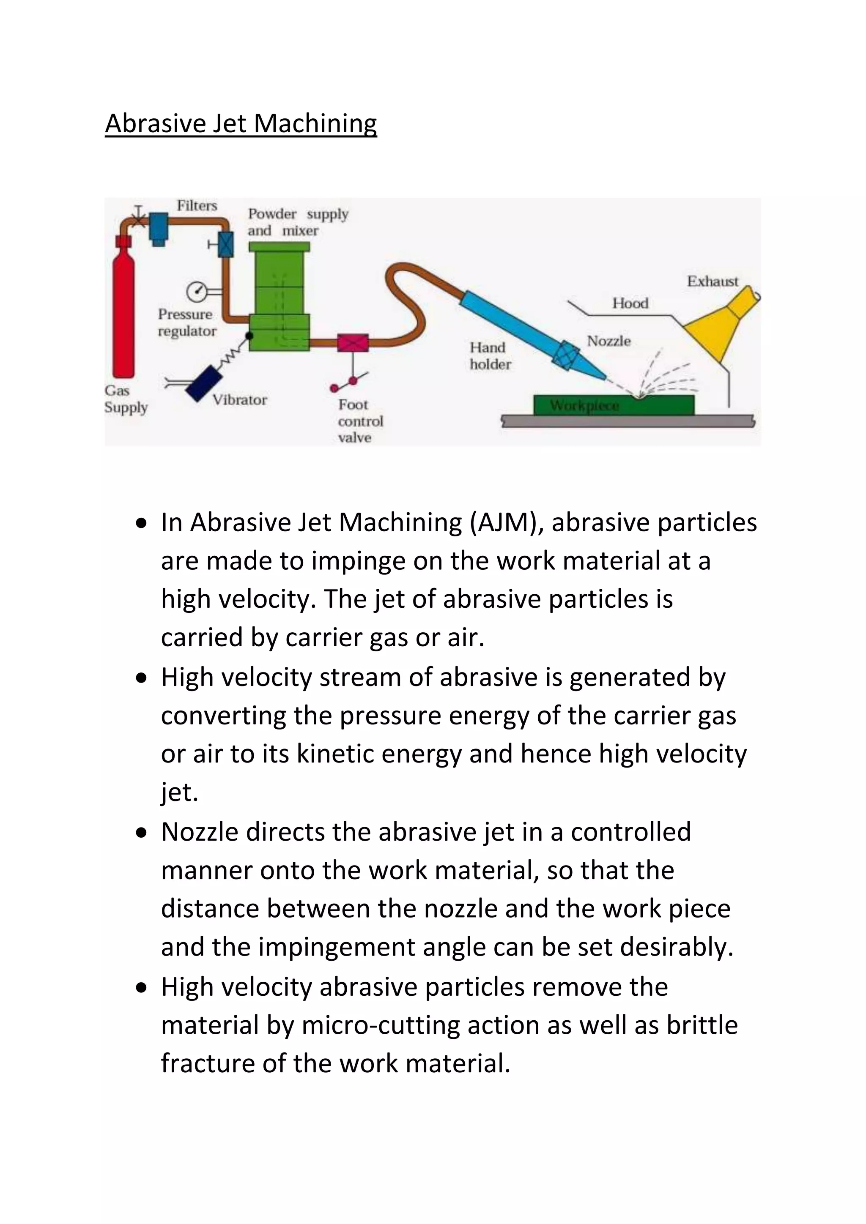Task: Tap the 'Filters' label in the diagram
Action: point(197,206)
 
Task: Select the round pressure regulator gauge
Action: point(196,292)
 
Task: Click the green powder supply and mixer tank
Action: point(279,298)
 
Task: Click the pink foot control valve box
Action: point(353,343)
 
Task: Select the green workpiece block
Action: point(613,405)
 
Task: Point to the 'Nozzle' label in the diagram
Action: point(608,341)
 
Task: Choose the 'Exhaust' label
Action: point(713,281)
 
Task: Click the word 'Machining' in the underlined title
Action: point(315,124)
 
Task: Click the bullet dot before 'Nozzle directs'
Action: point(141,833)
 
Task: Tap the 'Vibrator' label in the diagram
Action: point(240,400)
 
